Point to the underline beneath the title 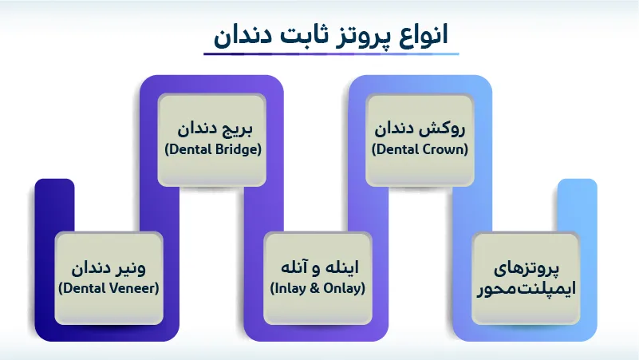click(330, 54)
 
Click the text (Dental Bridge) click(213, 148)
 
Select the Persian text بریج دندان click(214, 129)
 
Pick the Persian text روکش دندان click(420, 129)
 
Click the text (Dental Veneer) click(109, 287)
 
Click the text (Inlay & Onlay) click(318, 287)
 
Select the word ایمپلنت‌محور click(524, 289)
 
